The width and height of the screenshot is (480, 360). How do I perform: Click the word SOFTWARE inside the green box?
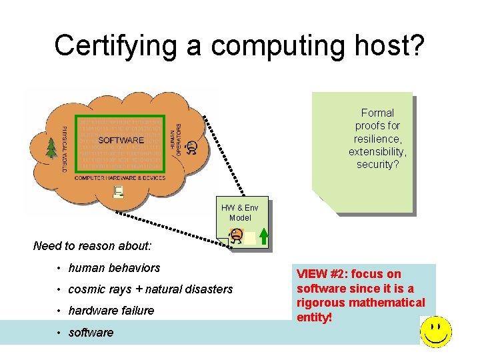coord(121,140)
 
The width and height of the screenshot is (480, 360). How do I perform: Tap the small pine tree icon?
coord(51,148)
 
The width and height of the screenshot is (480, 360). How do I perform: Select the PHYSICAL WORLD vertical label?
coord(64,149)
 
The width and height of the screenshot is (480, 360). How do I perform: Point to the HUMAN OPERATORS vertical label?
coord(177,140)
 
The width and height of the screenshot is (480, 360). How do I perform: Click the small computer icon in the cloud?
coord(119,192)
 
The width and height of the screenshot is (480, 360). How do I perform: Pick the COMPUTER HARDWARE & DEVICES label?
coord(120,178)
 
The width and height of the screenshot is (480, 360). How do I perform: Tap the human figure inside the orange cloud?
coord(192,147)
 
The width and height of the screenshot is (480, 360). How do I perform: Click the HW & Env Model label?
coord(240,213)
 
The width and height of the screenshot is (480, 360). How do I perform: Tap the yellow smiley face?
coord(436,331)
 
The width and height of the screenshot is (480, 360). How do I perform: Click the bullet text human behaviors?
coord(114,268)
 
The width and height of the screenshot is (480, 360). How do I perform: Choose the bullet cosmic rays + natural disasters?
coord(151,289)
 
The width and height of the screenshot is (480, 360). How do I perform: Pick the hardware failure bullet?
coord(111,311)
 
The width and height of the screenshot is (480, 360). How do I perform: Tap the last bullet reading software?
coord(91,333)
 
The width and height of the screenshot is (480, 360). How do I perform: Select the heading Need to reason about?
coord(93,246)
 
